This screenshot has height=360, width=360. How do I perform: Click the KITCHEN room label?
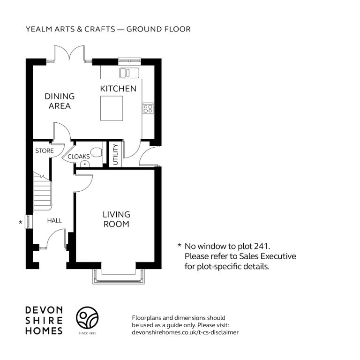point(118,89)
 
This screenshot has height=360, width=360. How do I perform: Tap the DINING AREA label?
point(60,101)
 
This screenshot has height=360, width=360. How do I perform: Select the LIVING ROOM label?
point(116,219)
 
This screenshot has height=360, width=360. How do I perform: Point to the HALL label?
point(54,221)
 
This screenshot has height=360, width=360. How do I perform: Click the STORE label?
point(45,151)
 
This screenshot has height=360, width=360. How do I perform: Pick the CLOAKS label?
point(79,157)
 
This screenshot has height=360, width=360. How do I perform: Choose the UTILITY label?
point(115,154)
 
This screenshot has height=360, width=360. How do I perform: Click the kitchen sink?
point(129,73)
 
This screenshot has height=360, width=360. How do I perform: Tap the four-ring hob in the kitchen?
point(148,108)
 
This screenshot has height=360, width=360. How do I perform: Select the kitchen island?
point(112,108)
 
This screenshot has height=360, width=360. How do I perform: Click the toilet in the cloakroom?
point(97,152)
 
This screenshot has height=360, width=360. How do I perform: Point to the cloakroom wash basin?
point(85,164)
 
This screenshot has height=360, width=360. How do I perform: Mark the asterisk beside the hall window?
point(21,222)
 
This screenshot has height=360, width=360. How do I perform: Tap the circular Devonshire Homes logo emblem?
point(87,317)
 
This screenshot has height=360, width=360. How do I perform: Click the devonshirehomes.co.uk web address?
point(185,332)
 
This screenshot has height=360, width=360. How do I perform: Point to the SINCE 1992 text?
point(87,333)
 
